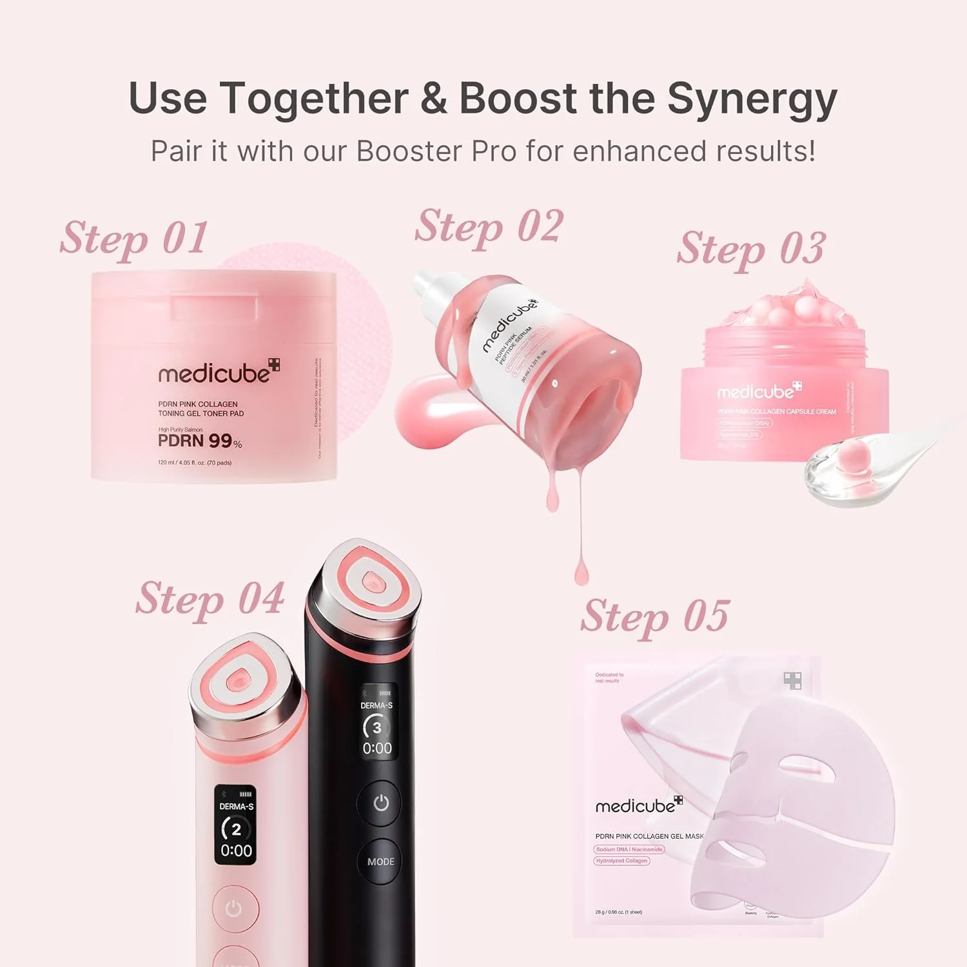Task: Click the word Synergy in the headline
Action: (752, 100)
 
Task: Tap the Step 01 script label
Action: (134, 239)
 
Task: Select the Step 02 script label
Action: (489, 227)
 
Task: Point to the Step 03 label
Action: (751, 249)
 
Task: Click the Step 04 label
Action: (210, 599)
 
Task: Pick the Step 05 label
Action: (655, 616)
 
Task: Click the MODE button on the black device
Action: (380, 861)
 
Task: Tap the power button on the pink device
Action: (234, 909)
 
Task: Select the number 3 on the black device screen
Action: (377, 727)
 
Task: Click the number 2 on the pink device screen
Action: (236, 829)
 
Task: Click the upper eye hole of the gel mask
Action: (805, 770)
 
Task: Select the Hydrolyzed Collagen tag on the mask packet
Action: (621, 861)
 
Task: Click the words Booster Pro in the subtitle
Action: (436, 152)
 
